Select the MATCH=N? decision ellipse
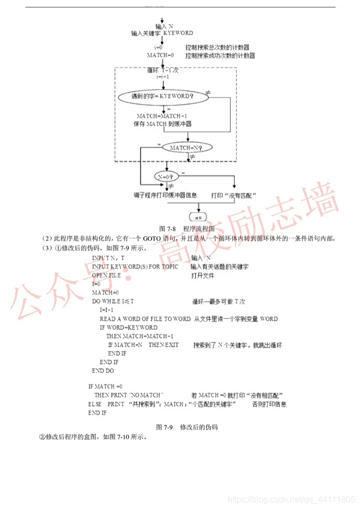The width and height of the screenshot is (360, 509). pyautogui.click(x=185, y=148)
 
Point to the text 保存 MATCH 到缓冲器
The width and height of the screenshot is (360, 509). pyautogui.click(x=162, y=124)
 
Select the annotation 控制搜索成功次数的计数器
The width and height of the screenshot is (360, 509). pyautogui.click(x=220, y=55)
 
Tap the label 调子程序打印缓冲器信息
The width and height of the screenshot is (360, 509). pyautogui.click(x=165, y=195)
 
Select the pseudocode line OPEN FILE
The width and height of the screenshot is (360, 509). pyautogui.click(x=106, y=275)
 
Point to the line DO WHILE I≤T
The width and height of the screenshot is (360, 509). pyautogui.click(x=113, y=301)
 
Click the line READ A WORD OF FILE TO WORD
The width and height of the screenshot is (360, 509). pyautogui.click(x=145, y=318)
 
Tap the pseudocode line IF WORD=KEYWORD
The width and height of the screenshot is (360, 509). pyautogui.click(x=128, y=327)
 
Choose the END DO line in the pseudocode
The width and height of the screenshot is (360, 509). pyautogui.click(x=103, y=370)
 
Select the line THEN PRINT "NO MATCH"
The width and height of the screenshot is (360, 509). pyautogui.click(x=129, y=394)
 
